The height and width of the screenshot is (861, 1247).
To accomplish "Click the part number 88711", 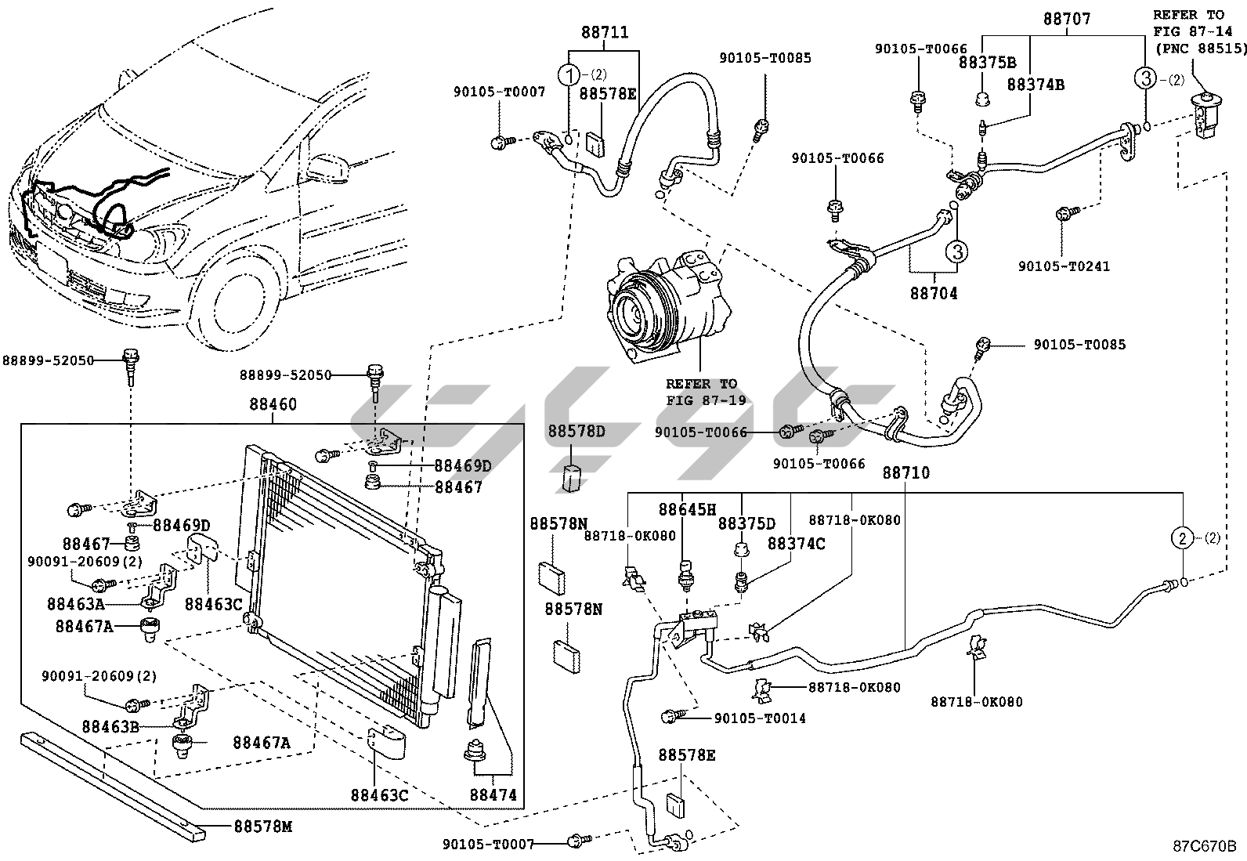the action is pyautogui.click(x=605, y=32).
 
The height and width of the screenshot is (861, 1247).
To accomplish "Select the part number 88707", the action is pyautogui.click(x=1067, y=19).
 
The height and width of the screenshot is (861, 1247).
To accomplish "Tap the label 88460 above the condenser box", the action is pyautogui.click(x=273, y=404).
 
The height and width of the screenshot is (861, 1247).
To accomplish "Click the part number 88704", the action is pyautogui.click(x=934, y=293).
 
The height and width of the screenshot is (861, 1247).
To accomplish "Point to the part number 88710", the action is pyautogui.click(x=906, y=473).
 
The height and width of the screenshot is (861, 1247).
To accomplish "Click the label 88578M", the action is pyautogui.click(x=262, y=827).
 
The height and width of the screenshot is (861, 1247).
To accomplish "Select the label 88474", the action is pyautogui.click(x=493, y=794).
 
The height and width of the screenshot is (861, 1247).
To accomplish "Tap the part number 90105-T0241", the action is pyautogui.click(x=1064, y=266).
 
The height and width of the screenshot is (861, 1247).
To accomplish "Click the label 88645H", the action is pyautogui.click(x=687, y=509).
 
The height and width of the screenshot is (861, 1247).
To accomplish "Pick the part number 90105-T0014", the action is pyautogui.click(x=760, y=718).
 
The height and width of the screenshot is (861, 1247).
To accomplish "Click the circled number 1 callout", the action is pyautogui.click(x=569, y=74).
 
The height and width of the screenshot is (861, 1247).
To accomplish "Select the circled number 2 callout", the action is pyautogui.click(x=1183, y=538).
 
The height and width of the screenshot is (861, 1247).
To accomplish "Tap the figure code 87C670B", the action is pyautogui.click(x=1204, y=846).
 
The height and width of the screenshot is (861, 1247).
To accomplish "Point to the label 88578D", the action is pyautogui.click(x=577, y=431).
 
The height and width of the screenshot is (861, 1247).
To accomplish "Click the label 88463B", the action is pyautogui.click(x=110, y=727).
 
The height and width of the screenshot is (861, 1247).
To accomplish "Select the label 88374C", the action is pyautogui.click(x=796, y=544).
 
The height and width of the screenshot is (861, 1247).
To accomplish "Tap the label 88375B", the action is pyautogui.click(x=987, y=63).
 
